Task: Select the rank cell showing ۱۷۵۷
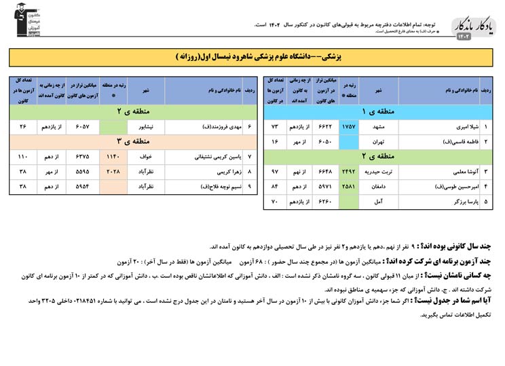pyautogui.click(x=348, y=126)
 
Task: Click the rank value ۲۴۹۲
pyautogui.click(x=348, y=172)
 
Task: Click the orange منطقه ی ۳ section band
pyautogui.click(x=133, y=142)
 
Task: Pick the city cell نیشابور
pyautogui.click(x=146, y=126)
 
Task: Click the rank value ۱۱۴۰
pyautogui.click(x=113, y=157)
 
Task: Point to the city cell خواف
pyautogui.click(x=146, y=157)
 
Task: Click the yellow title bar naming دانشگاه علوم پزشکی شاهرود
pyautogui.click(x=252, y=57)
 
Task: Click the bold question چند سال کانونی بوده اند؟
pyautogui.click(x=450, y=246)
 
